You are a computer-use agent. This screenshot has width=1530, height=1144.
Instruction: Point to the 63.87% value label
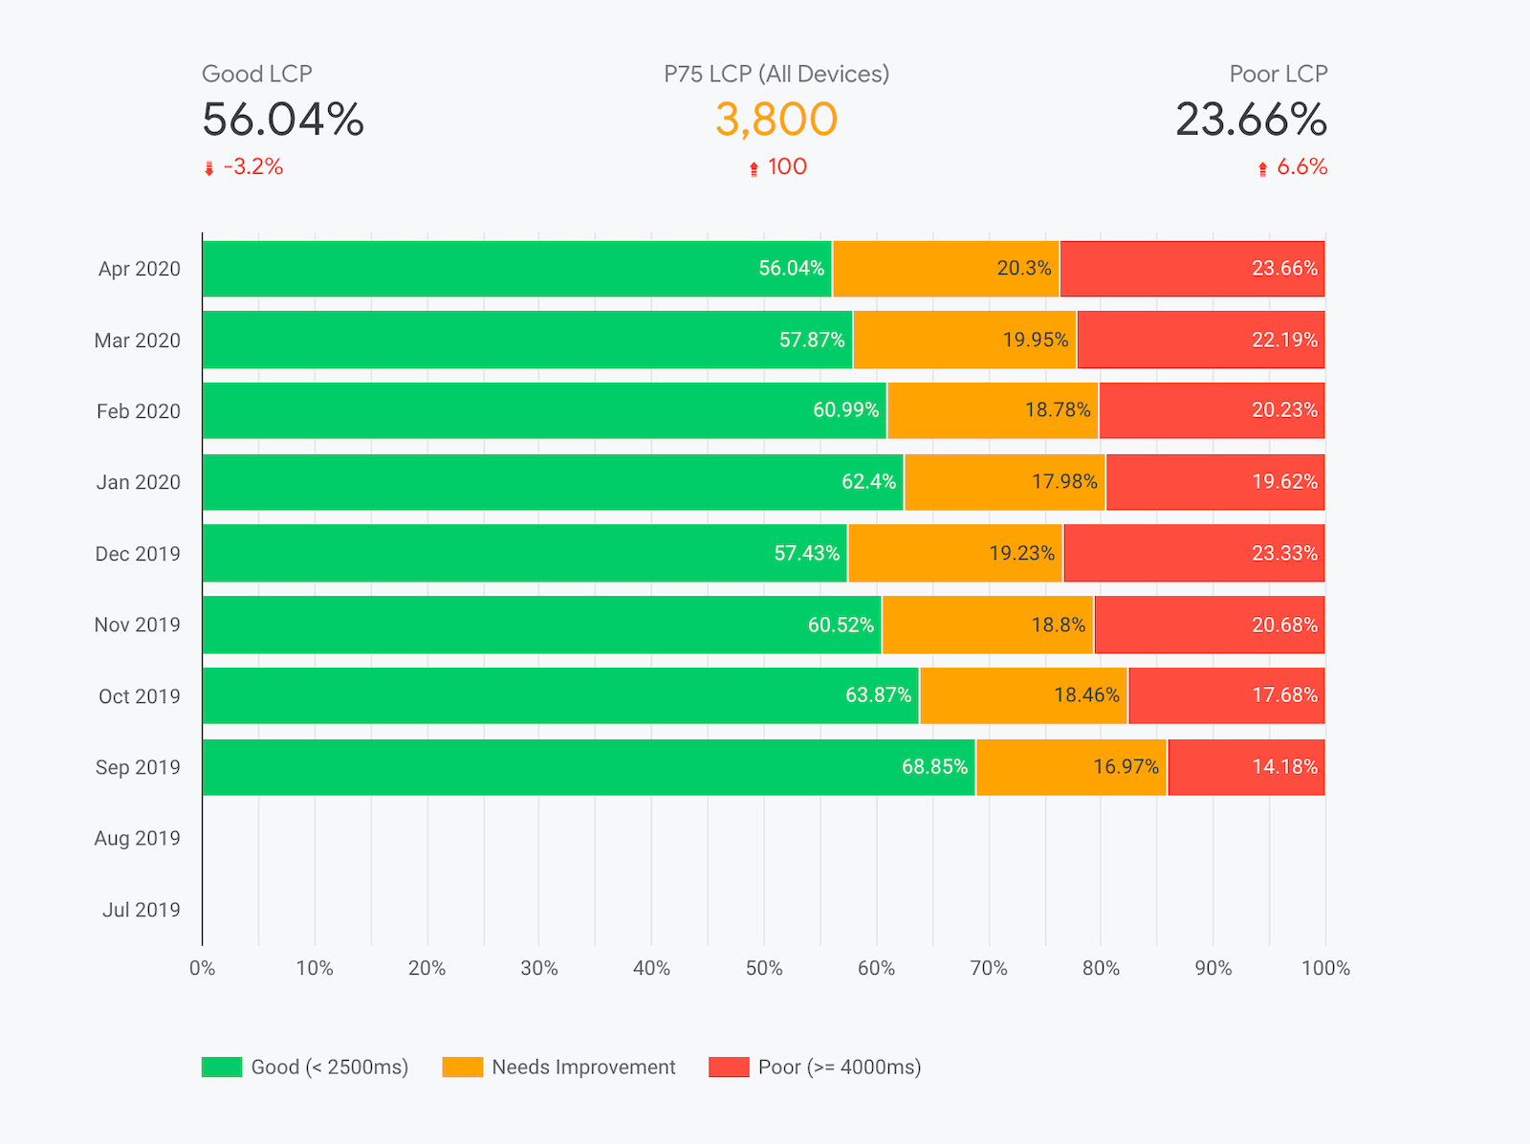click(x=878, y=695)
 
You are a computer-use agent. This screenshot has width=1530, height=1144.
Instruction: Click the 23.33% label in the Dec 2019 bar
click(x=1284, y=553)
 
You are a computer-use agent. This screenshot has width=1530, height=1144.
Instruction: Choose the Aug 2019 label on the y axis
click(x=137, y=838)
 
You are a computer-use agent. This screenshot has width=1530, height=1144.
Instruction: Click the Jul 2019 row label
click(x=141, y=910)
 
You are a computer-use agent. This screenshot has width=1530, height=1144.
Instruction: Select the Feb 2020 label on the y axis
click(x=138, y=411)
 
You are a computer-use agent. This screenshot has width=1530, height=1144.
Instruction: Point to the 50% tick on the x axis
click(x=763, y=968)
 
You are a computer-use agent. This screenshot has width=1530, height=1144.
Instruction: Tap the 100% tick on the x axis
click(x=1325, y=968)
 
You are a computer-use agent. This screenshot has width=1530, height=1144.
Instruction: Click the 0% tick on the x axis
click(x=202, y=968)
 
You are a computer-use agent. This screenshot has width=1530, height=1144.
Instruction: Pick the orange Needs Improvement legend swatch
click(x=462, y=1067)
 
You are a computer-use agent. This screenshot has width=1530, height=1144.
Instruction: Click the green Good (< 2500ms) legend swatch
click(x=221, y=1067)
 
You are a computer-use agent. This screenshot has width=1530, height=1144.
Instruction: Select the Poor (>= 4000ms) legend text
click(x=839, y=1067)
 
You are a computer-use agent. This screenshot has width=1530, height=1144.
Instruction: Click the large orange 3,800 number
click(x=776, y=120)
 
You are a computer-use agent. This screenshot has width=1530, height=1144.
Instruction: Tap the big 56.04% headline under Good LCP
click(x=283, y=120)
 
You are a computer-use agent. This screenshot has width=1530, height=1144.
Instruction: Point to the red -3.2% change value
click(x=253, y=166)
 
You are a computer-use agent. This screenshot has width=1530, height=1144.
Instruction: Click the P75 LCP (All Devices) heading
click(x=776, y=74)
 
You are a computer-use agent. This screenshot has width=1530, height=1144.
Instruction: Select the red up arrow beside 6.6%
click(x=1262, y=168)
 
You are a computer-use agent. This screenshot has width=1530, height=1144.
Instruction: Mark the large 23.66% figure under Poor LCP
click(x=1250, y=120)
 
